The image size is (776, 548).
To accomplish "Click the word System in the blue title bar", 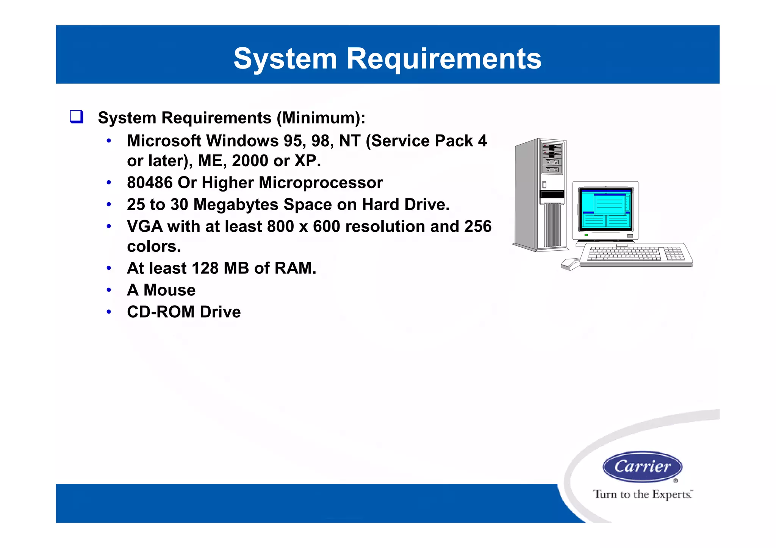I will [x=285, y=59].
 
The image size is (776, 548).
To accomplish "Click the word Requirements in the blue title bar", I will [x=444, y=59].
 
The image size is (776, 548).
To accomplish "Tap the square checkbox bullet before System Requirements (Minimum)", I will [x=76, y=117].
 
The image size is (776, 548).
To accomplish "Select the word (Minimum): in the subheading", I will [x=321, y=118].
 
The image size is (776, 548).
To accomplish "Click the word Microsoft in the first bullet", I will [x=164, y=141].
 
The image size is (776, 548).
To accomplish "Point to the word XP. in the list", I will [x=308, y=161].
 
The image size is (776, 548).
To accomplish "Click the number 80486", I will [x=150, y=183].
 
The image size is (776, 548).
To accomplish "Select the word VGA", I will [x=145, y=226].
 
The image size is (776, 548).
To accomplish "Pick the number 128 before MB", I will [x=205, y=268].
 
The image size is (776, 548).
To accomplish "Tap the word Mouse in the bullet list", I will [x=169, y=290].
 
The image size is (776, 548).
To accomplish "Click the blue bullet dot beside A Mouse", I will [x=109, y=290].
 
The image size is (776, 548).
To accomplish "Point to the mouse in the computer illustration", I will [x=570, y=264].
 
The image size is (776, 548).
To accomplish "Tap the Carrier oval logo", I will [x=642, y=467].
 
